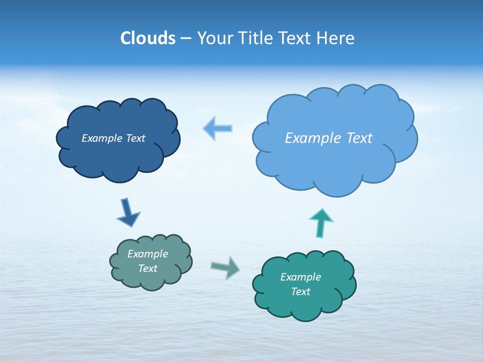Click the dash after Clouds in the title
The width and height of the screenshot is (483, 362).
tap(185, 39)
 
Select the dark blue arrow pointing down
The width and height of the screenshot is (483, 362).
tap(128, 212)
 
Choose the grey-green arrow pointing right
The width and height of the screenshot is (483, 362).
tap(225, 267)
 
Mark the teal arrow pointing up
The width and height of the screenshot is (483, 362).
tap(320, 222)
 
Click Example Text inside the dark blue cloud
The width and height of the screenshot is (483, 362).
tap(113, 138)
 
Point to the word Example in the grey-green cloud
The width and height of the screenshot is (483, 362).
tap(147, 254)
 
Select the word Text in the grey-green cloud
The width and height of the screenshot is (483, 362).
tap(147, 268)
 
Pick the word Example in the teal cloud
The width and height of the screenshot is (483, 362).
tap(300, 277)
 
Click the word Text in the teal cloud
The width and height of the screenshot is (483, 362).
tap(300, 292)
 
